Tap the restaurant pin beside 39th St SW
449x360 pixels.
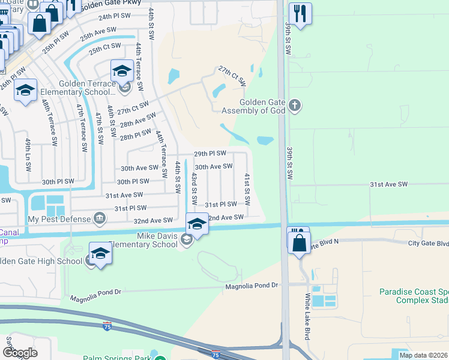[300, 13]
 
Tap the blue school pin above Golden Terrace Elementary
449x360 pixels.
[122, 71]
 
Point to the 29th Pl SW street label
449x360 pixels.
[209, 154]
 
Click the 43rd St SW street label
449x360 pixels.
[194, 187]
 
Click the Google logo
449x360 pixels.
[20, 352]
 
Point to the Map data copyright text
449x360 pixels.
[423, 355]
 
